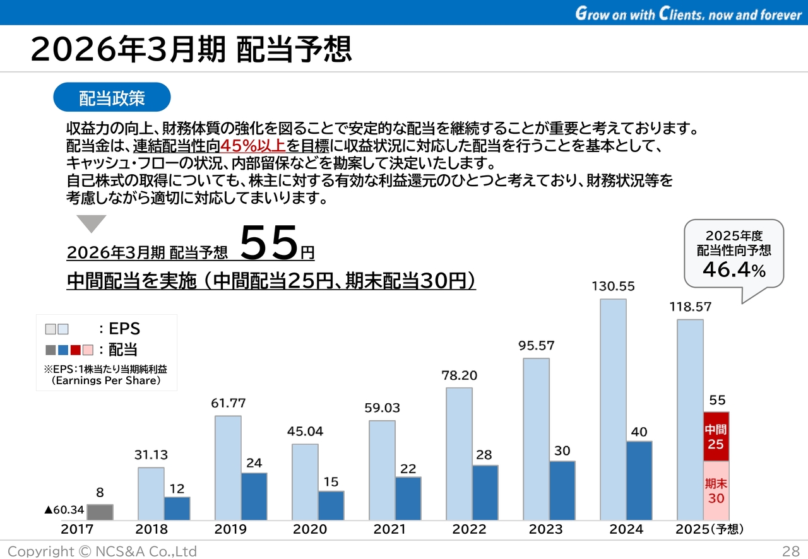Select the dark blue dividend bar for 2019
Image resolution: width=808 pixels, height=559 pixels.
click(254, 496)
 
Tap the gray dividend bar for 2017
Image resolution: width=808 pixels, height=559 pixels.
click(100, 512)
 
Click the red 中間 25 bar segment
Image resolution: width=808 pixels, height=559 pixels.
click(715, 437)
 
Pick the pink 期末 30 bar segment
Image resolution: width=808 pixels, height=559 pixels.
click(715, 490)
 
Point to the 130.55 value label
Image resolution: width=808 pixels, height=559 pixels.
click(613, 286)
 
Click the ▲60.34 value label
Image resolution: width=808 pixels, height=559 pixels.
click(64, 509)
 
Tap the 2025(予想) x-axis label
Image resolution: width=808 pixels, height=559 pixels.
click(710, 529)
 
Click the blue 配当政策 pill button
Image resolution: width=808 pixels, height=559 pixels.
click(112, 98)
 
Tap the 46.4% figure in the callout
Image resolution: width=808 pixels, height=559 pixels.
click(734, 270)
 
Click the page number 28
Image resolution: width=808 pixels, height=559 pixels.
click(791, 551)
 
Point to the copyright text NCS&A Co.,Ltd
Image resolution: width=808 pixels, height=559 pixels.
click(102, 551)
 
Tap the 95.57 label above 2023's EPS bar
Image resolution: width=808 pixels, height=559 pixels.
click(536, 346)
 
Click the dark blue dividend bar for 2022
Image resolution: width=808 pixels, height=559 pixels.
click(485, 492)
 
